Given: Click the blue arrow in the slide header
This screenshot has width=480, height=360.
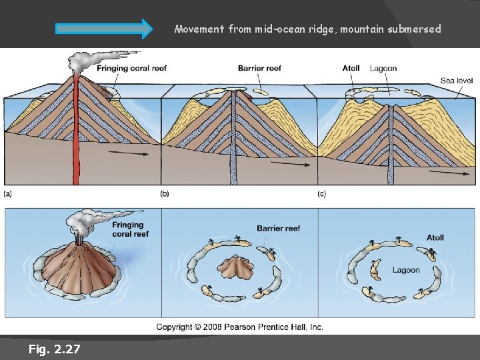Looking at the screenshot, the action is (x=104, y=29).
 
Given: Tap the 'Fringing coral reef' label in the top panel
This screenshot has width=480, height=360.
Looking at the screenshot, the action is (x=131, y=68).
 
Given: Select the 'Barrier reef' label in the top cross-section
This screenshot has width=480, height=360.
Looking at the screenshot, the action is (x=259, y=68).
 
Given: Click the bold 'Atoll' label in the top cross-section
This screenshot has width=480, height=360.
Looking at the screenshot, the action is (x=351, y=68).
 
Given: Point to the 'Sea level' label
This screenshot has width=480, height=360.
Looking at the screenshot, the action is (x=457, y=81).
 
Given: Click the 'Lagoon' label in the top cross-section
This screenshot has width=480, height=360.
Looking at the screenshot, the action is (x=383, y=68).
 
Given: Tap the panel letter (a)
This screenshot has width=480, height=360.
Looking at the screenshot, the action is (x=8, y=194).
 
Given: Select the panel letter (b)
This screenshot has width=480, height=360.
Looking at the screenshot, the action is (x=165, y=194).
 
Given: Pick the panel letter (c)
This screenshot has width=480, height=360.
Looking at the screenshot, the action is (x=322, y=194).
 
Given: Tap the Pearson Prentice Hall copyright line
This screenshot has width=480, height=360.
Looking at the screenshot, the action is (x=240, y=327).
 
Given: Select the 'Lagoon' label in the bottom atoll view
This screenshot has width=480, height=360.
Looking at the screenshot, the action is (x=406, y=270).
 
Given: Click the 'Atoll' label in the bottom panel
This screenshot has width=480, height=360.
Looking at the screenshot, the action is (x=435, y=237).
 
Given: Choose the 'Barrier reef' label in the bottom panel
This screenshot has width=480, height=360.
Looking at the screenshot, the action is (x=279, y=228).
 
